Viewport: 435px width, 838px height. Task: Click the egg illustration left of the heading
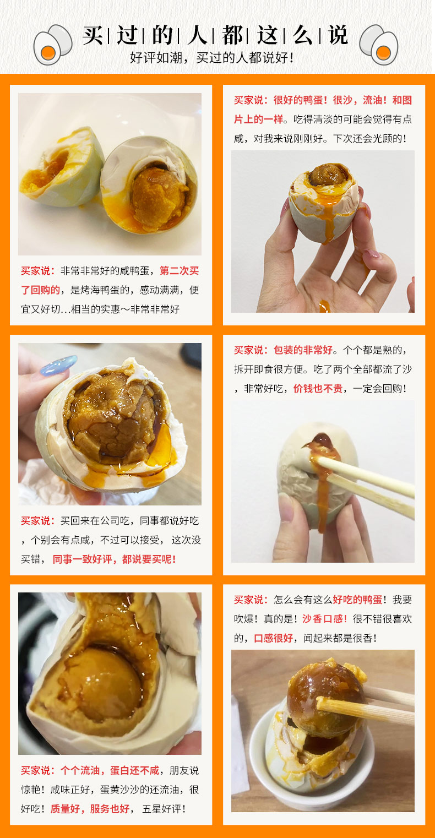[x=52, y=45]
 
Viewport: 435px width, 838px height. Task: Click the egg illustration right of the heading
[x=378, y=45]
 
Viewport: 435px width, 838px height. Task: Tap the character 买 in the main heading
[x=93, y=36]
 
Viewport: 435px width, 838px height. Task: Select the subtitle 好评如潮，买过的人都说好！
[x=211, y=58]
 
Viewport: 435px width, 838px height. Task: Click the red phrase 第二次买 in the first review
[x=179, y=270]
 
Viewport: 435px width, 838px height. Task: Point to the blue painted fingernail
[x=58, y=364]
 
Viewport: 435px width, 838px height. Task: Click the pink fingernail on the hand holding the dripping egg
[x=372, y=255]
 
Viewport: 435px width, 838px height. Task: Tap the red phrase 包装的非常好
[x=303, y=350]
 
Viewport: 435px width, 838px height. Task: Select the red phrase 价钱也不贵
[x=318, y=389]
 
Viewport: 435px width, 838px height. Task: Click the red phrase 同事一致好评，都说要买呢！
[x=115, y=559]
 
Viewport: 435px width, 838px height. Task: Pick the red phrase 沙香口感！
[x=325, y=619]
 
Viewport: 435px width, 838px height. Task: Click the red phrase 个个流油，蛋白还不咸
[x=110, y=770]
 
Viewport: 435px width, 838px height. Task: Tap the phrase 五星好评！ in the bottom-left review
[x=164, y=809]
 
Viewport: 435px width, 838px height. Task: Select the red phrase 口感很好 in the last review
[x=274, y=638]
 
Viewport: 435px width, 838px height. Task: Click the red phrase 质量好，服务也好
[x=90, y=809]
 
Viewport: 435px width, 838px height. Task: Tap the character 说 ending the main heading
[x=338, y=36]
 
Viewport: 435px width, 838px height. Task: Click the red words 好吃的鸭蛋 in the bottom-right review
[x=357, y=600]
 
